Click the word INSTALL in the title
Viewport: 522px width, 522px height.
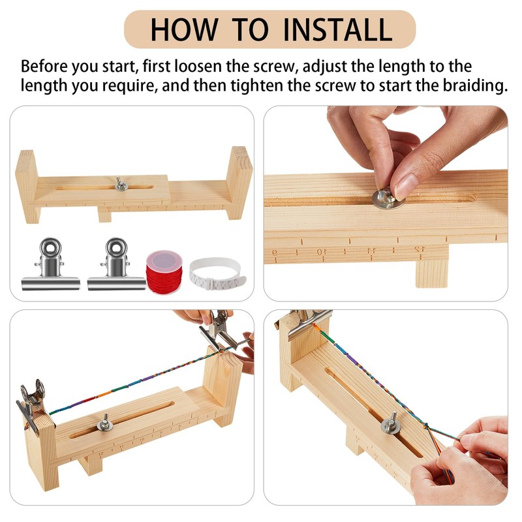337,29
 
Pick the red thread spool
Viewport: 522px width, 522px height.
164,272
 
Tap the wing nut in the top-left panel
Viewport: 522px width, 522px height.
121,185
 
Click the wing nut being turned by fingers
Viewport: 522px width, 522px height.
388,198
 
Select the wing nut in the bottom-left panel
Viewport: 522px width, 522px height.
105,423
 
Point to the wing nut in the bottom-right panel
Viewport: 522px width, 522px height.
391,423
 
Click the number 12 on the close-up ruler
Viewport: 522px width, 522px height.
419,249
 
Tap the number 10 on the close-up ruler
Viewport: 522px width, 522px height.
322,251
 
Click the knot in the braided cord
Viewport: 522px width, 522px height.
425,426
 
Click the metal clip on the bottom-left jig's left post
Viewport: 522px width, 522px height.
31,403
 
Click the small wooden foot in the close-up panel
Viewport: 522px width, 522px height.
432,273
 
